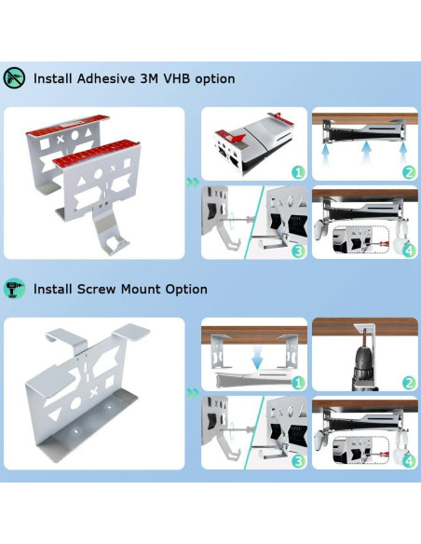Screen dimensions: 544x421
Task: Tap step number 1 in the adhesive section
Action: click(297, 172)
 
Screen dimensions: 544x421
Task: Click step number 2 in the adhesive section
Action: click(408, 172)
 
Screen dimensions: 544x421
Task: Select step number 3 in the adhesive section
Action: click(297, 251)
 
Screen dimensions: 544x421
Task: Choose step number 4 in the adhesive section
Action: click(408, 251)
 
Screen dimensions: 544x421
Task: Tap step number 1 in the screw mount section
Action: click(297, 383)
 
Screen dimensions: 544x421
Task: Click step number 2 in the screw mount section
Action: click(408, 383)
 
